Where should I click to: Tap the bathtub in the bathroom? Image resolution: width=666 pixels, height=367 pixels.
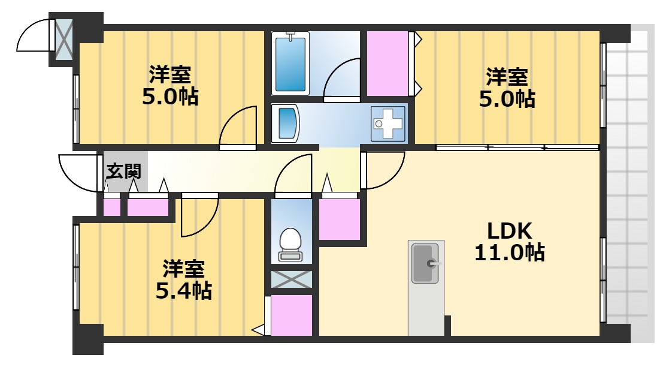coord(290,63)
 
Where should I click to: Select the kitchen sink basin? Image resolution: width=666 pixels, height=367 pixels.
coord(425,263)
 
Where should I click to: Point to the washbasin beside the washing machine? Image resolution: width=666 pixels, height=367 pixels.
coord(286,124)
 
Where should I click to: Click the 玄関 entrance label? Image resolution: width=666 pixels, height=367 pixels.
coord(124,172)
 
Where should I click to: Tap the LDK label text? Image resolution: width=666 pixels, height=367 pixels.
coord(509,230)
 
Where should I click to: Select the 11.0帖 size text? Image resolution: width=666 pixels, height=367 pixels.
coord(509,253)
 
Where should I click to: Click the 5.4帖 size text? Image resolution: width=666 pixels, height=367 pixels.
coord(184,291)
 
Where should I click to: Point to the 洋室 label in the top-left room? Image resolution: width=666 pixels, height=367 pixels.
coord(170,75)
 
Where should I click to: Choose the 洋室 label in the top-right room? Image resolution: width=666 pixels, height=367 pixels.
coord(507,77)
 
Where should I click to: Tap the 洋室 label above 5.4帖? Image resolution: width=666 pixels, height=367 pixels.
coord(184,268)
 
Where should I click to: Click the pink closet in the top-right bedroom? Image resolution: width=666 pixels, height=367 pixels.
coord(387,63)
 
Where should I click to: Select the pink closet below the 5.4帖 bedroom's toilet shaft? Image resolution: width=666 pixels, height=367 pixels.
coord(292,315)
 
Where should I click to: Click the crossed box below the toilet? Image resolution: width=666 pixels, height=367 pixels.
coord(292,279)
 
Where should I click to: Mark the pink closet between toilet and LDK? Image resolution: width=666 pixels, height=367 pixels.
coord(340,219)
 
